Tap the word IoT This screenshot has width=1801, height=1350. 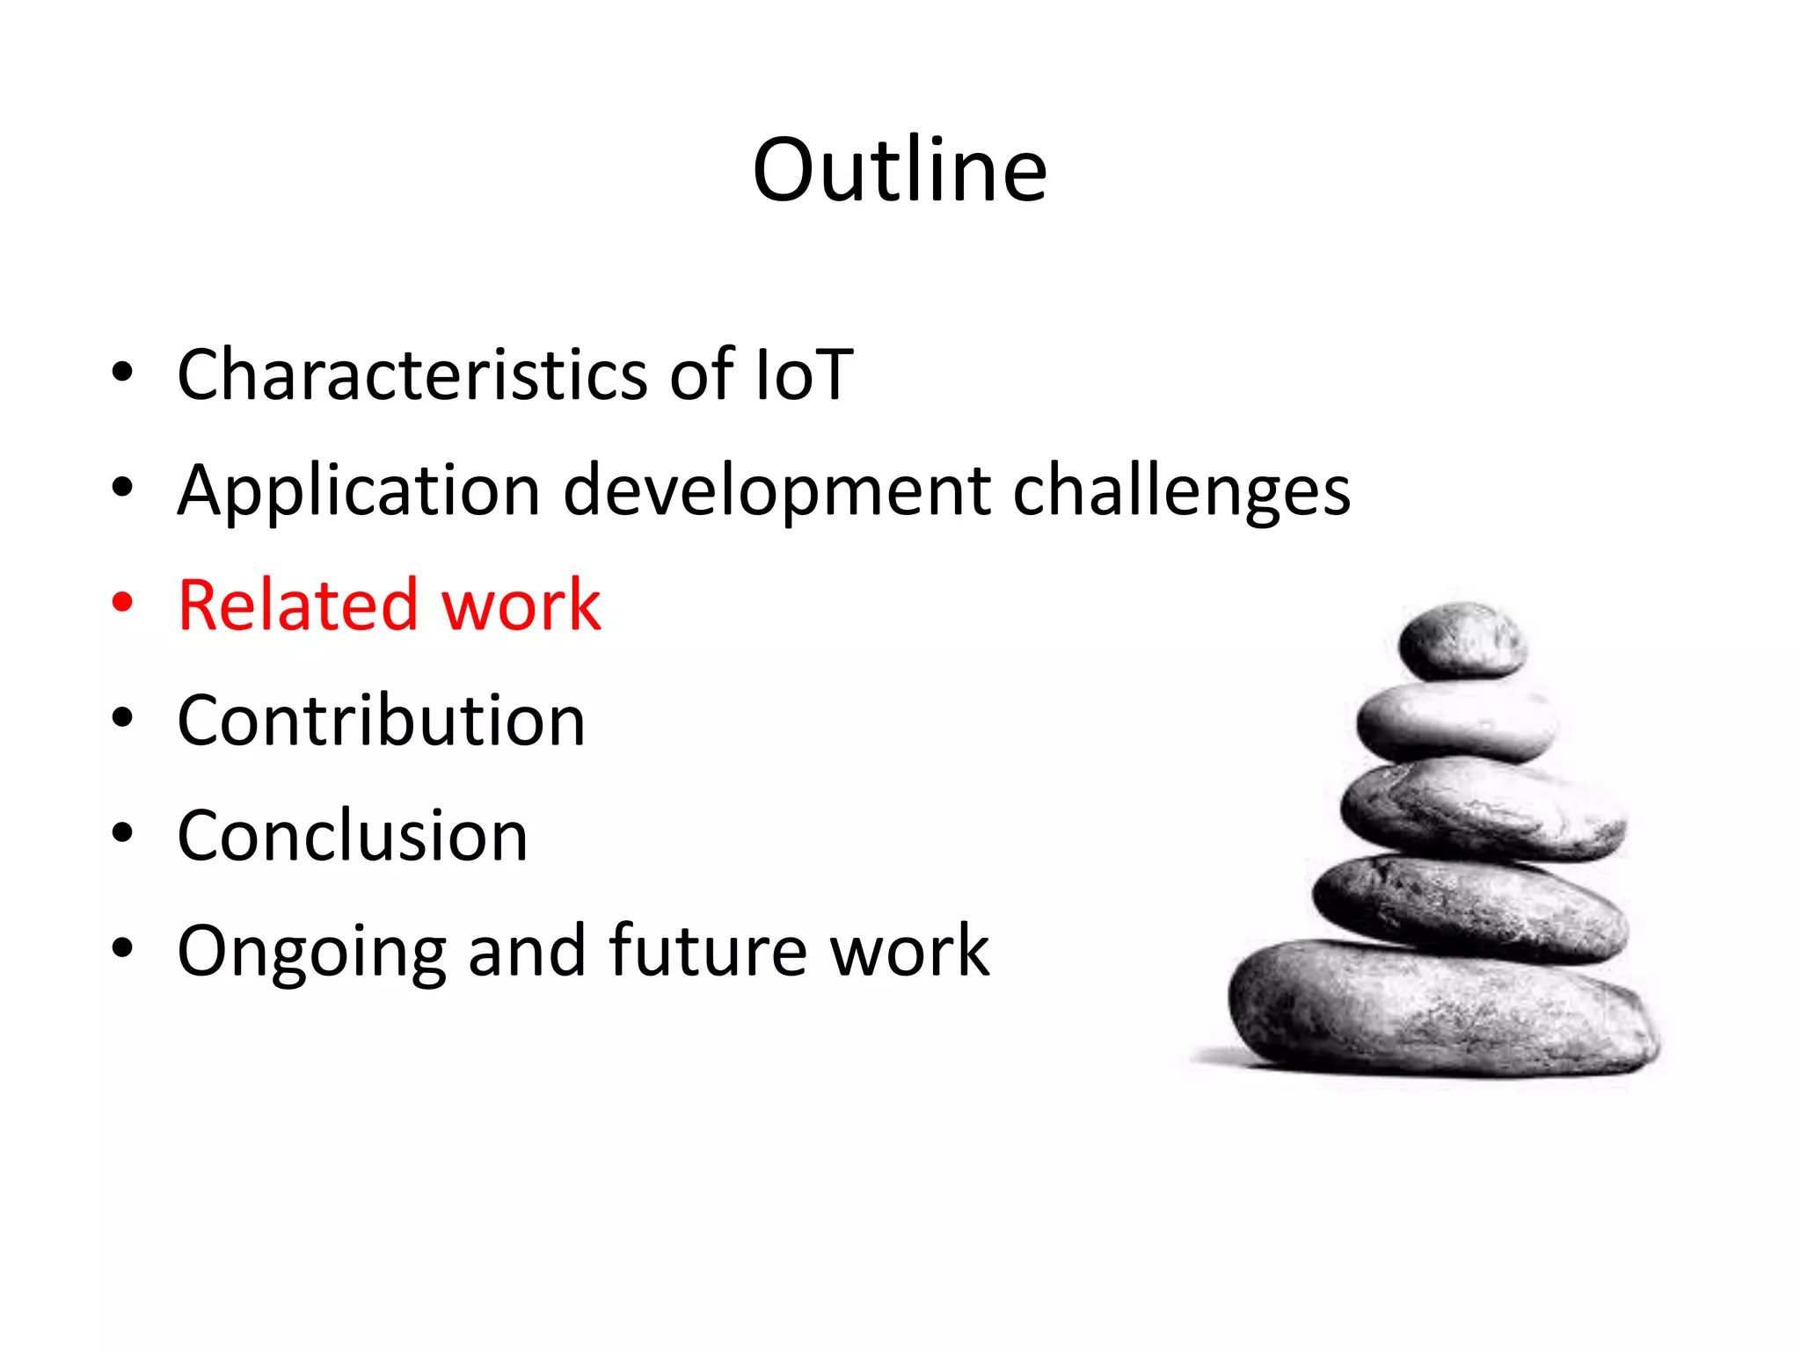click(x=804, y=375)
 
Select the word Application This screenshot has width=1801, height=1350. click(x=359, y=490)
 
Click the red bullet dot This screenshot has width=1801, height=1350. click(x=122, y=603)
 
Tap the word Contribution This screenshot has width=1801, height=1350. click(x=381, y=721)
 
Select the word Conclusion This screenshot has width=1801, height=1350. click(x=353, y=836)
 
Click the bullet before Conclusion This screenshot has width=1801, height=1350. click(x=122, y=833)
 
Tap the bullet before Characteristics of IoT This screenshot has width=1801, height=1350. click(x=122, y=373)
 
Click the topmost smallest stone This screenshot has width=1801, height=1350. click(x=1461, y=641)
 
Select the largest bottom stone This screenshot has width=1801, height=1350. click(x=1442, y=1008)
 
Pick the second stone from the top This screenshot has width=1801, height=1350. click(x=1455, y=722)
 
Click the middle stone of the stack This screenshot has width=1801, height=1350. click(x=1482, y=810)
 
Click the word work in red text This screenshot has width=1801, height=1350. click(x=521, y=606)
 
